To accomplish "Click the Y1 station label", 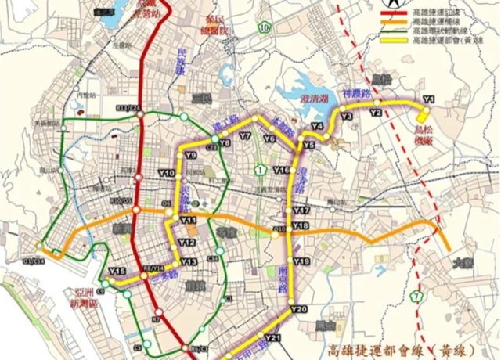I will (428, 99).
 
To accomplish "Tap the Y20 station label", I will (298, 310).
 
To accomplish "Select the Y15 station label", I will (117, 272).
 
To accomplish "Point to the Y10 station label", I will (166, 173).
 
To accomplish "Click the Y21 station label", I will (272, 338).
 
